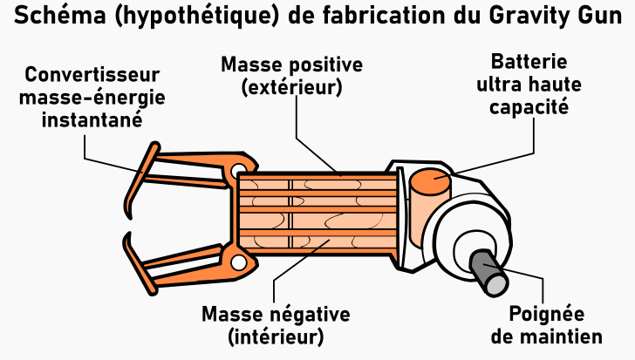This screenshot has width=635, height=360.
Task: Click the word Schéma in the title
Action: [x=60, y=15]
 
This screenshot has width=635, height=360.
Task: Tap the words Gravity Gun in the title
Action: [x=556, y=17]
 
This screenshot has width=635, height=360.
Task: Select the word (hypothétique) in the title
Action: [x=197, y=17]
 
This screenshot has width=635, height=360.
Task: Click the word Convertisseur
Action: [x=92, y=75]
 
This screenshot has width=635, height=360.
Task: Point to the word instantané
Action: [x=92, y=119]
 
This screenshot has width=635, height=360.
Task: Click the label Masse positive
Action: [x=291, y=65]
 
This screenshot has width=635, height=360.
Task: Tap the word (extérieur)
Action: [x=291, y=87]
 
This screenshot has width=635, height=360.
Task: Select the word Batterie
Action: [x=529, y=62]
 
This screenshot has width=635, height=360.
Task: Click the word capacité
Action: [x=529, y=107]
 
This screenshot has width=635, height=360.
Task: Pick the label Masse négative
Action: [x=276, y=315]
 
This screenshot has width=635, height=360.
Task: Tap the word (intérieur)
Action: [x=276, y=336]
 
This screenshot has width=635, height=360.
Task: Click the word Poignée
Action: [x=546, y=315]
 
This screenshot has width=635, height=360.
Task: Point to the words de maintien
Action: [x=546, y=336]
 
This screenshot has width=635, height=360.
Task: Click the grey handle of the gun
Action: [x=488, y=272]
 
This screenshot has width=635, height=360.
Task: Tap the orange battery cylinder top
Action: [x=430, y=180]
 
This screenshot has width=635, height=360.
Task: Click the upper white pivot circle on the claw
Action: [x=238, y=170]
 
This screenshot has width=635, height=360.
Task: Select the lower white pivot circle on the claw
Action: [x=238, y=262]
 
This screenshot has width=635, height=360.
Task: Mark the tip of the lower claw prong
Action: [x=128, y=234]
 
